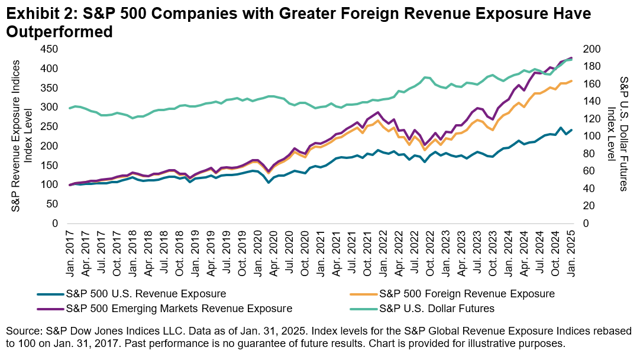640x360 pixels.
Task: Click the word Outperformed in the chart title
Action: coord(59,32)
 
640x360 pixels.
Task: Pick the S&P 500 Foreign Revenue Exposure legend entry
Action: coord(467,293)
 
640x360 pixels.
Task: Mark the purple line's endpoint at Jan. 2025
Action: coord(571,57)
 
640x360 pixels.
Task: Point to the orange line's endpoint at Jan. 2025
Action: coord(571,81)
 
